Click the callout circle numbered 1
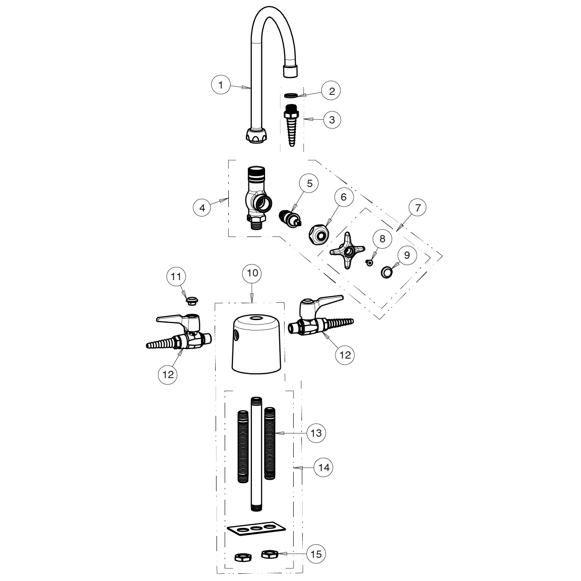[221, 84]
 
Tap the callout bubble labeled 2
[332, 91]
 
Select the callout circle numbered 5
[310, 183]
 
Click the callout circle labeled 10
[252, 273]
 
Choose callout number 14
[324, 468]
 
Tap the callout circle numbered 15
[316, 554]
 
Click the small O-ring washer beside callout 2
[291, 95]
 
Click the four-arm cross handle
[348, 250]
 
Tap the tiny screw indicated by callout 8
[371, 262]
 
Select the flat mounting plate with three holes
[257, 529]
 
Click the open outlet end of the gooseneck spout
[290, 71]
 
